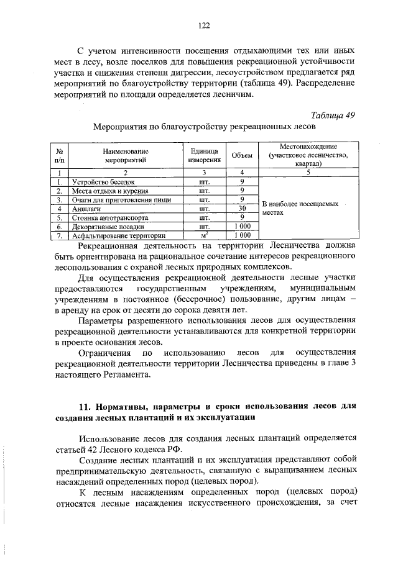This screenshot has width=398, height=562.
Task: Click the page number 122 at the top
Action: tap(203, 25)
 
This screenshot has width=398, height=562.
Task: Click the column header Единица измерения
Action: tap(203, 155)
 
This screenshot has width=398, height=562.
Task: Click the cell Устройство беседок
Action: tap(103, 182)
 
